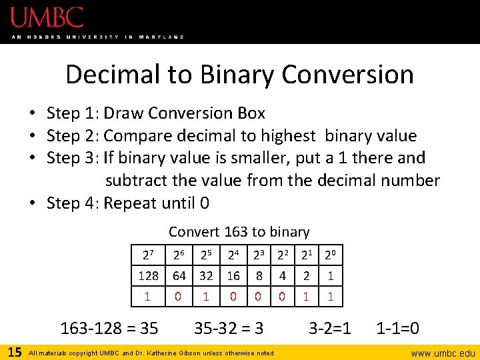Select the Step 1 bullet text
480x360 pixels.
(x=156, y=113)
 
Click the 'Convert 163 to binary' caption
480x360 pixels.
(x=239, y=232)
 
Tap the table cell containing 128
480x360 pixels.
(x=148, y=275)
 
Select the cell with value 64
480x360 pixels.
(x=179, y=275)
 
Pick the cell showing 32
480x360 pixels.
(x=206, y=275)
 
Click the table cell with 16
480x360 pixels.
(x=233, y=275)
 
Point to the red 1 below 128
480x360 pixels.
(x=148, y=295)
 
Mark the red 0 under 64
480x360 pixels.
(x=179, y=295)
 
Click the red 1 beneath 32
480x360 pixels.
(x=206, y=295)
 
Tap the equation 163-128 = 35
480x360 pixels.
(x=109, y=328)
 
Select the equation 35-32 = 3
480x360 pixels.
(x=229, y=328)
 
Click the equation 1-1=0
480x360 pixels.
(x=398, y=328)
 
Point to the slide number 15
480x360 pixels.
(x=13, y=351)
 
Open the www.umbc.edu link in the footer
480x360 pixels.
(x=443, y=353)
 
